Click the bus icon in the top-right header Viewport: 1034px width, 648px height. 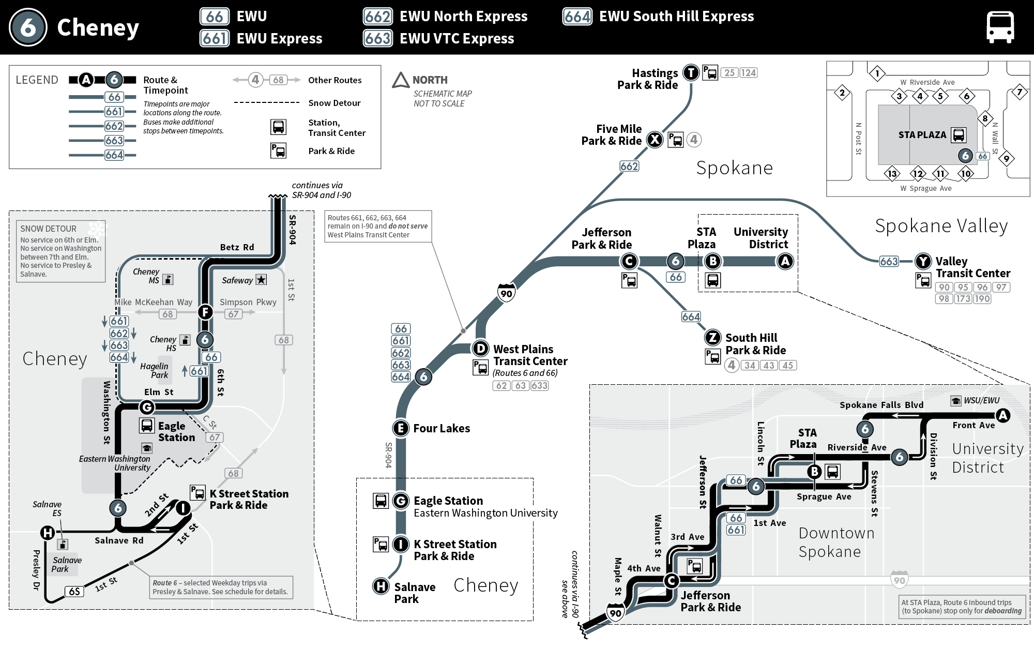click(x=1000, y=27)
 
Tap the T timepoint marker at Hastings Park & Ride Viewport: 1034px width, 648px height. click(x=691, y=73)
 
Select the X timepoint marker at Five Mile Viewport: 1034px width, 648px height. click(x=655, y=140)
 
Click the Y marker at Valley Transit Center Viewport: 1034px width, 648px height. click(x=923, y=261)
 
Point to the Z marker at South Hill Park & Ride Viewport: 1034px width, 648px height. click(x=712, y=338)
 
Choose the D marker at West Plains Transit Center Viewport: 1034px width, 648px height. click(x=481, y=349)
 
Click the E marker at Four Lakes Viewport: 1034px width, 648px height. click(x=400, y=428)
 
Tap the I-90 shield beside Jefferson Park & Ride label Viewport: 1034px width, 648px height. click(x=615, y=613)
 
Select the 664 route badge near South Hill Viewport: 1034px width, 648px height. click(x=691, y=317)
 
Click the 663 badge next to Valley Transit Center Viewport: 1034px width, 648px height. click(x=889, y=261)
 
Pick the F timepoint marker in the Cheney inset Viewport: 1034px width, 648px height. click(x=205, y=312)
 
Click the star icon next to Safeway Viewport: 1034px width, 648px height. click(x=262, y=280)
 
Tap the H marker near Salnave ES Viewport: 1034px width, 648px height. click(x=48, y=532)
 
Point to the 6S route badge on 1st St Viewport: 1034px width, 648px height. click(x=74, y=591)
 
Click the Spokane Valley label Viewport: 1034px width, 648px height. click(x=941, y=226)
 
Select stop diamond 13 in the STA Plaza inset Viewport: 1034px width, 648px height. click(x=892, y=174)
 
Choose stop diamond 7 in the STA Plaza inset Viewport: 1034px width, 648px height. click(x=1019, y=93)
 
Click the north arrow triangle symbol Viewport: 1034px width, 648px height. click(x=401, y=80)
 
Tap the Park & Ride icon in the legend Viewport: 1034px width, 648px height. click(x=278, y=150)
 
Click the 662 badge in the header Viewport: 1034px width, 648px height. click(x=377, y=17)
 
